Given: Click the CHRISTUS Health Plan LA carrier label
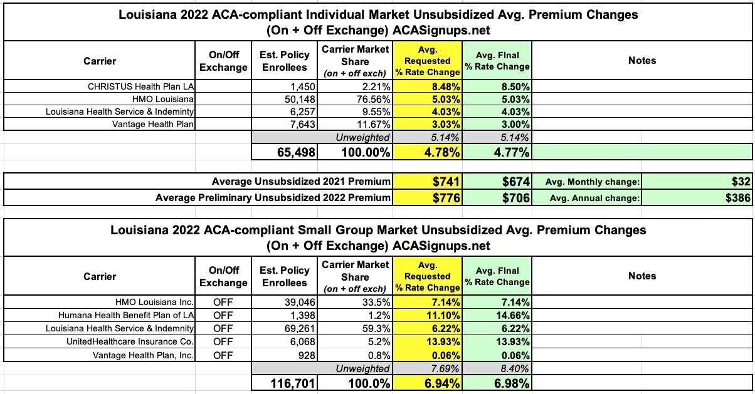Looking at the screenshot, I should pyautogui.click(x=142, y=87).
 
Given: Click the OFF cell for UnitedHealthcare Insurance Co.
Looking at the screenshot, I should pyautogui.click(x=223, y=341).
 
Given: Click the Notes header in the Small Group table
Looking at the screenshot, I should pyautogui.click(x=642, y=276).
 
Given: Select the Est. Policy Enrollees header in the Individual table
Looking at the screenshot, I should pyautogui.click(x=284, y=61).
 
